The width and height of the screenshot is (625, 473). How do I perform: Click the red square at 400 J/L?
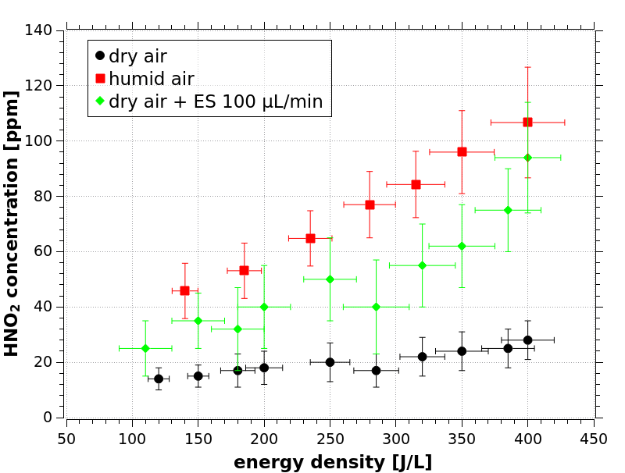click(x=527, y=122)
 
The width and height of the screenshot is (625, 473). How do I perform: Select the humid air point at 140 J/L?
click(x=184, y=290)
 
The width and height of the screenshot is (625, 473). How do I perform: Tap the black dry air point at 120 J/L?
click(x=159, y=379)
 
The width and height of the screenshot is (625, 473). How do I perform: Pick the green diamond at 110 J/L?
click(x=145, y=348)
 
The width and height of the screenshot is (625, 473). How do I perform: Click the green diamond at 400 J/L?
click(x=527, y=158)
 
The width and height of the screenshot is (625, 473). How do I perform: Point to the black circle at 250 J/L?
click(x=330, y=362)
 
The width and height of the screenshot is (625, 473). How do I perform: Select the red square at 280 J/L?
click(x=370, y=204)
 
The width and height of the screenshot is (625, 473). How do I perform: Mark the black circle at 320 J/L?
click(x=422, y=357)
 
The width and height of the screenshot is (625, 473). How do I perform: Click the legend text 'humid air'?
click(x=152, y=79)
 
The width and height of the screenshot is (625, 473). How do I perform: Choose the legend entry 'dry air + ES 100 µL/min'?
click(x=216, y=101)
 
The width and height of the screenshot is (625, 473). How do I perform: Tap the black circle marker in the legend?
click(x=99, y=56)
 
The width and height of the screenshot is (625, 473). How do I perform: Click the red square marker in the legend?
click(x=99, y=79)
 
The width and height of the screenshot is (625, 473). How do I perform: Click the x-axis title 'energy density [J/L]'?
click(x=333, y=462)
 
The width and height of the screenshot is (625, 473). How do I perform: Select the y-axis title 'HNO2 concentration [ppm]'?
click(x=12, y=223)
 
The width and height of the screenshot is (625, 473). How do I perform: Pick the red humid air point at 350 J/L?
click(x=462, y=151)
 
